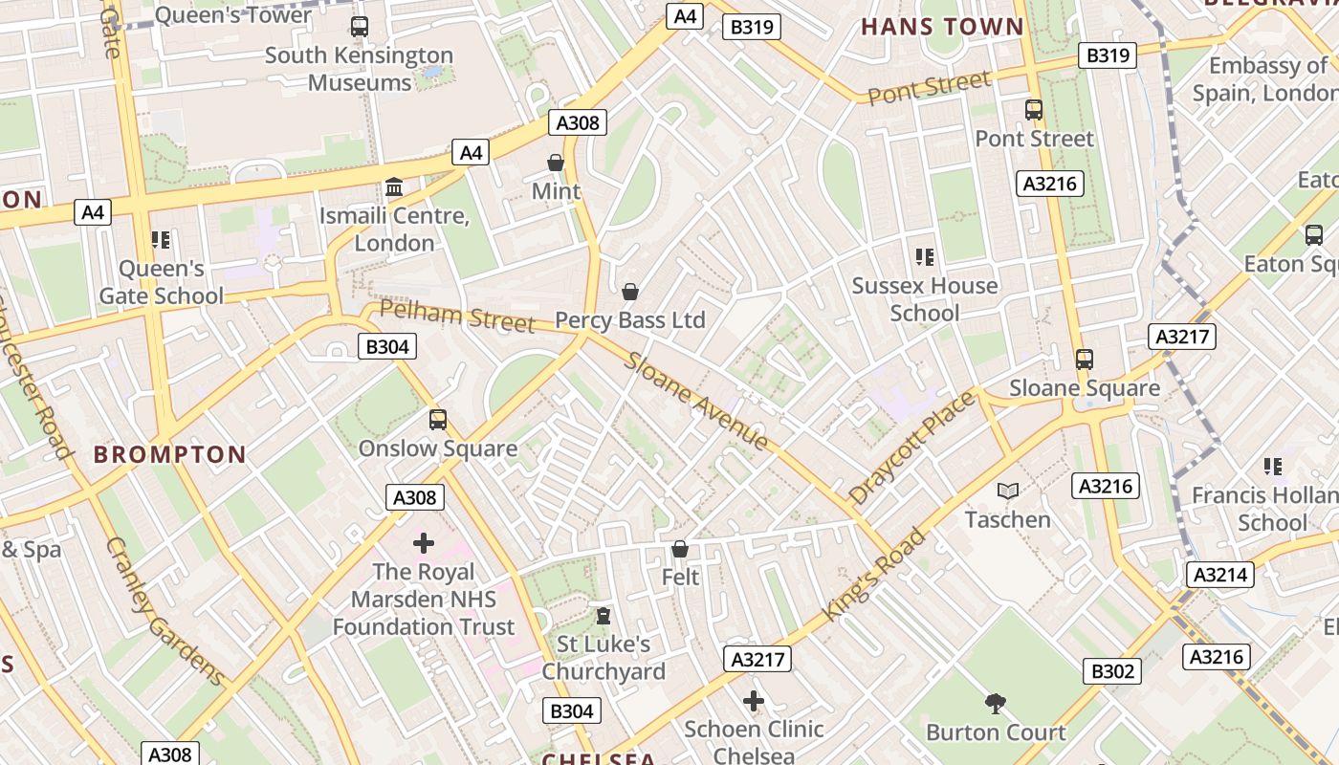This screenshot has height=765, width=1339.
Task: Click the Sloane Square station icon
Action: point(1084,360)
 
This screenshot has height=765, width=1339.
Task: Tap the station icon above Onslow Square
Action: point(437,419)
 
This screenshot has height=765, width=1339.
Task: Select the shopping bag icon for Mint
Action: point(556,163)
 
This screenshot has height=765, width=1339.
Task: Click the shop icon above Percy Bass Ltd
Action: point(629,291)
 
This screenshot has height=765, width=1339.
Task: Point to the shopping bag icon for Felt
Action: point(679,549)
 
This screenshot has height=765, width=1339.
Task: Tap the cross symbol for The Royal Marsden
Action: point(423,543)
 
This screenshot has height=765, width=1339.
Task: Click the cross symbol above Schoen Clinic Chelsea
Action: point(754,701)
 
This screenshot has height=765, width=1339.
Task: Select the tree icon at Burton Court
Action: point(995,704)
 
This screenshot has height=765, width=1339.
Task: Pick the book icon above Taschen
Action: point(1007,491)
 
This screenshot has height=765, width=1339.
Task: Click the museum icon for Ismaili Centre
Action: point(393,186)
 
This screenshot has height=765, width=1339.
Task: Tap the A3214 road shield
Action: point(1221,574)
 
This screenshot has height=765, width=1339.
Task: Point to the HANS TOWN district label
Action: point(942,26)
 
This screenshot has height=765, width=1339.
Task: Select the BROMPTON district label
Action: point(169,454)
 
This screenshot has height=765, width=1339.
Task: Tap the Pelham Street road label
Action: point(457,316)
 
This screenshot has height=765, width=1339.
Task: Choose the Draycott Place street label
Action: point(912,448)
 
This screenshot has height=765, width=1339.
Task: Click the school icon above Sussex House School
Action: point(924,256)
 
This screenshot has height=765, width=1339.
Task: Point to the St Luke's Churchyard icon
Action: point(603,616)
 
